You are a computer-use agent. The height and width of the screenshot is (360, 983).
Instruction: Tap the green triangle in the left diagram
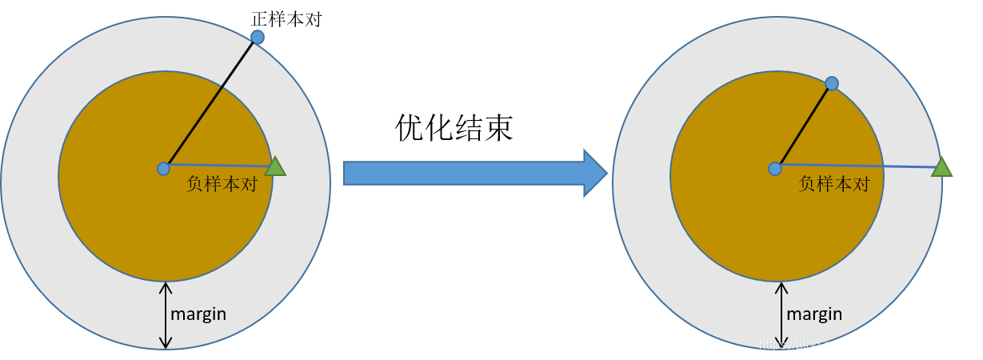click(275, 166)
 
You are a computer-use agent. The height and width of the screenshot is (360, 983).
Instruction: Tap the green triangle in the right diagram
click(941, 166)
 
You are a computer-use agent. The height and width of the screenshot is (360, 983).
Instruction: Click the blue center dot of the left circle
click(164, 169)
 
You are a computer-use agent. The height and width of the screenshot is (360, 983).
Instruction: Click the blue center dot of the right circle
click(774, 169)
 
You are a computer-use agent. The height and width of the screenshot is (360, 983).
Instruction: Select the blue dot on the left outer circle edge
click(258, 37)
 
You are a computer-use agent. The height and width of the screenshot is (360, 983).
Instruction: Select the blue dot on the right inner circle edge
click(832, 83)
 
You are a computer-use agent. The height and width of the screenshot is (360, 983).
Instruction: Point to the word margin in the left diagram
click(198, 314)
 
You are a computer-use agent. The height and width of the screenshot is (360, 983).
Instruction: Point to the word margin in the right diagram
click(814, 314)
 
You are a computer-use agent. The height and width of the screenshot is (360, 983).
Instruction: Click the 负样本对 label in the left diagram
click(222, 183)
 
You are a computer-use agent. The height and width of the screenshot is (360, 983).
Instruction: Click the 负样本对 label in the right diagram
click(833, 183)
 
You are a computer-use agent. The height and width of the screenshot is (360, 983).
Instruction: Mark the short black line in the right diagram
click(803, 126)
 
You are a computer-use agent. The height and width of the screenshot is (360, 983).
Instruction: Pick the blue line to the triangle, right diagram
click(856, 166)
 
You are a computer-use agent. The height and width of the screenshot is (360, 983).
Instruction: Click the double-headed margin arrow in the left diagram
click(166, 315)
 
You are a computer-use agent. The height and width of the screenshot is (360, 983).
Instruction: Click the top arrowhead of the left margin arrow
click(166, 286)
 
